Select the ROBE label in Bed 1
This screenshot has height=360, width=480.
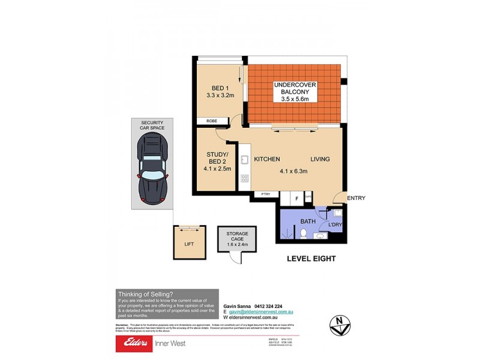click(212, 121)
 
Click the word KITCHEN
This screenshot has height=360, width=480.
click(267, 159)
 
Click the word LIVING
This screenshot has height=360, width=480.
click(320, 159)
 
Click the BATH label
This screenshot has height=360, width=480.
click(308, 221)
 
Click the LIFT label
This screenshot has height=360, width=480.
click(188, 244)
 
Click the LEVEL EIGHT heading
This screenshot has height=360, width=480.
click(310, 259)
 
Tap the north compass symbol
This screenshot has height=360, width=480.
click(338, 325)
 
